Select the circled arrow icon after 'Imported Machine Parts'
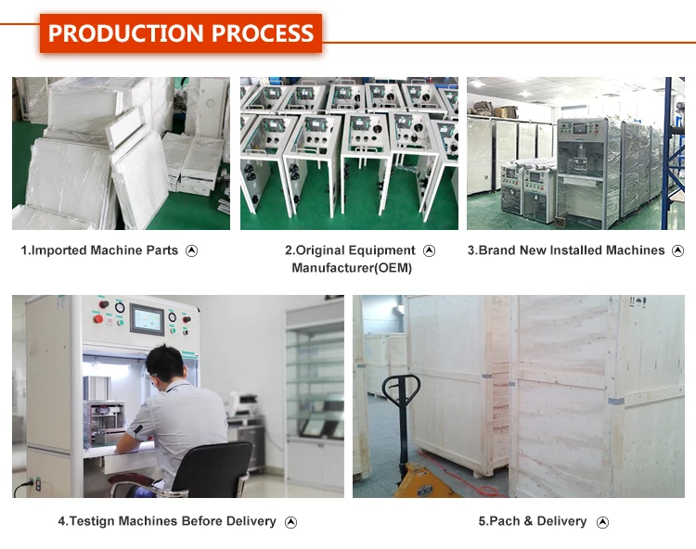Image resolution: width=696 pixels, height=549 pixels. pos(192,250)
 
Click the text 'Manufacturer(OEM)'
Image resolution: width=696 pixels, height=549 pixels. pos(351,268)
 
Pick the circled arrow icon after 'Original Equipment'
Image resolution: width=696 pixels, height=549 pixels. pos(429,250)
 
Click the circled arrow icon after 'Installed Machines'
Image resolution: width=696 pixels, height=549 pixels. pos(677,250)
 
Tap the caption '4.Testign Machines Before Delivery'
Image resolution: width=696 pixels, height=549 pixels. pos(167,521)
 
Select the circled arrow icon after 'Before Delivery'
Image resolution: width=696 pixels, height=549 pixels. pos(290,522)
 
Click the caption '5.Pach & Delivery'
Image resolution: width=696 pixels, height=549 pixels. pos(533,521)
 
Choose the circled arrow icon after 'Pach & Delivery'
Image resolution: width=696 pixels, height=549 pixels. pos(602,522)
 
